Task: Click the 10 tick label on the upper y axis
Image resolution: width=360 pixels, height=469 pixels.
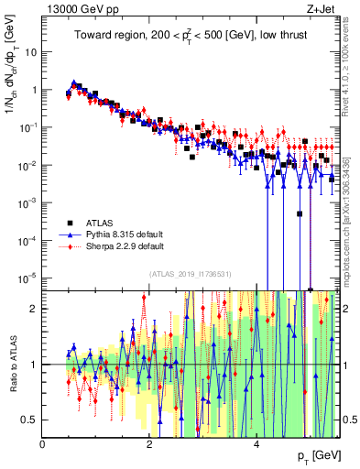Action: (29, 52)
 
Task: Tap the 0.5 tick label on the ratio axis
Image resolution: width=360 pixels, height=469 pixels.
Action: (27, 420)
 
